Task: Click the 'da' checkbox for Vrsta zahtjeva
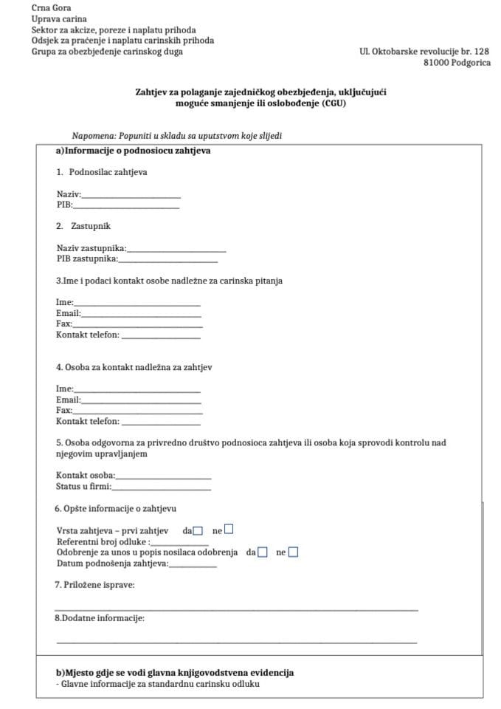pyautogui.click(x=198, y=530)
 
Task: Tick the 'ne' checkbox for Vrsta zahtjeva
pyautogui.click(x=229, y=530)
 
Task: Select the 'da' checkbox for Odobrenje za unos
pyautogui.click(x=263, y=552)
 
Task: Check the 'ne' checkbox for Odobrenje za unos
pyautogui.click(x=293, y=552)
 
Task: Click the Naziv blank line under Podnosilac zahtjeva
pyautogui.click(x=131, y=196)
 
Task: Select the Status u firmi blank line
pyautogui.click(x=161, y=489)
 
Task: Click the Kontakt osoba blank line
pyautogui.click(x=163, y=478)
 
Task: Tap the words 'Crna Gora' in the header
pyautogui.click(x=47, y=7)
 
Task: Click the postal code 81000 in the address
pyautogui.click(x=438, y=63)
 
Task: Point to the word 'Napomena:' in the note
pyautogui.click(x=93, y=136)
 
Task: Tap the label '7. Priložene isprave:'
pyautogui.click(x=94, y=585)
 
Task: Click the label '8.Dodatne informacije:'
pyautogui.click(x=100, y=617)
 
